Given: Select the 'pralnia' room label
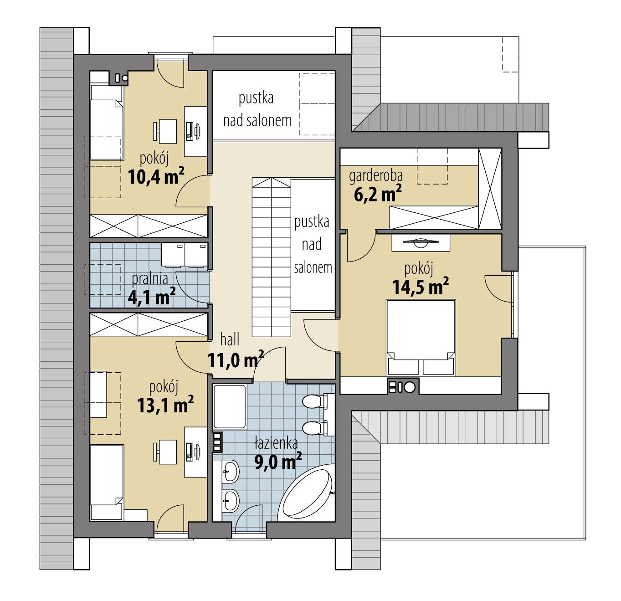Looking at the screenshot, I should pos(150,278).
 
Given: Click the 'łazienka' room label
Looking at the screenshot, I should pos(276,442).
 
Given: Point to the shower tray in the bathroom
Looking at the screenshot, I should pos(230,407).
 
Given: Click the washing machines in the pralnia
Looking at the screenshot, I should pos(185,255).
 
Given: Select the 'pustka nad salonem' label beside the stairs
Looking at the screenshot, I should pos(312,245).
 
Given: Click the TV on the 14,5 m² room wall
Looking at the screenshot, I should pos(421,241).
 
